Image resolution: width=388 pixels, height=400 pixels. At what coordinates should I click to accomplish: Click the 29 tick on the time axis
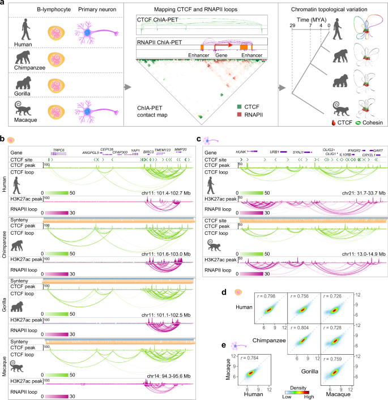(x=292, y=25)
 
